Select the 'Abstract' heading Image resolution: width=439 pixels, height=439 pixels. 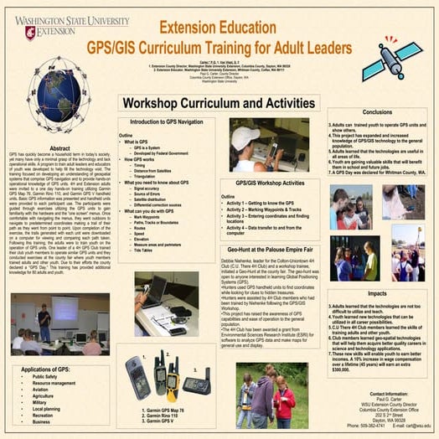(x=58, y=149)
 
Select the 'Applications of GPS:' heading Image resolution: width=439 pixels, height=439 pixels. (x=51, y=369)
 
